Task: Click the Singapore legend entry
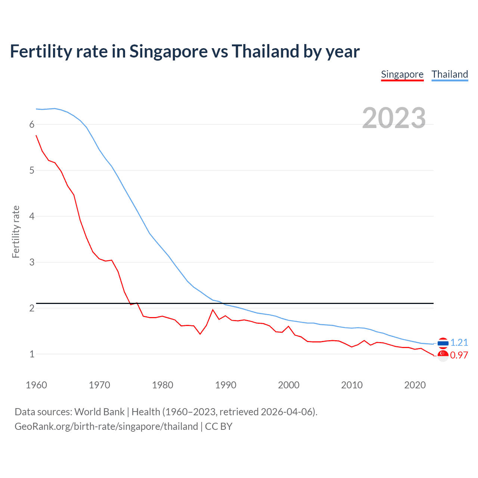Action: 402,74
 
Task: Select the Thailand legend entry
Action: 450,74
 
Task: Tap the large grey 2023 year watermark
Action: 394,118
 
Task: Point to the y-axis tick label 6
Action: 32,125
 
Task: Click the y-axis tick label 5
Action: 32,171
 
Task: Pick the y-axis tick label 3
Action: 32,262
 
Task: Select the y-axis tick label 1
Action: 32,354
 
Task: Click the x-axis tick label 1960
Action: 36,385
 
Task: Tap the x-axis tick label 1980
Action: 162,385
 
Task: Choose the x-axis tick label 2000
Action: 289,385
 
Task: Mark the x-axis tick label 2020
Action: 415,385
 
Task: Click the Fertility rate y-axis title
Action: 16,232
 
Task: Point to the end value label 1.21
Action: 459,342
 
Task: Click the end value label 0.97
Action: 459,355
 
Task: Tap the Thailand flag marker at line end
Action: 443,343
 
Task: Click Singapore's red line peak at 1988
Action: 213,310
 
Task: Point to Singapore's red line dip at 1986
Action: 200,334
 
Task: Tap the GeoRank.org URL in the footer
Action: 106,426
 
